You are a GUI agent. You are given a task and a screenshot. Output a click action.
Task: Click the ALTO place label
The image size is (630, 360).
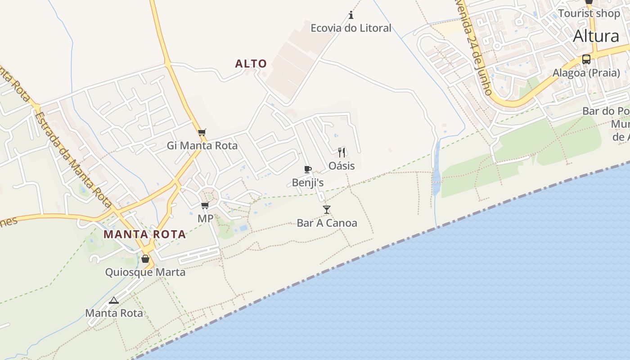click(251, 64)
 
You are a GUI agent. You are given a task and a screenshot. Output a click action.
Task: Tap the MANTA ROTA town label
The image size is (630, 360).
click(144, 234)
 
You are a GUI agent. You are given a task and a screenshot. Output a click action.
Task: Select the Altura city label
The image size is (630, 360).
click(596, 36)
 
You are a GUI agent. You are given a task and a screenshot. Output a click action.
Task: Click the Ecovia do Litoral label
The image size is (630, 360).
click(351, 28)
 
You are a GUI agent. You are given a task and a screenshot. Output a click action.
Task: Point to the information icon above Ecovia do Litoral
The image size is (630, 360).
click(351, 15)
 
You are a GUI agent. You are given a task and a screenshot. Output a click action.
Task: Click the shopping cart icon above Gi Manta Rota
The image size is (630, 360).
click(202, 132)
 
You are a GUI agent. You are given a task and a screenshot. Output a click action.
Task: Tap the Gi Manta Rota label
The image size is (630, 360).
click(202, 145)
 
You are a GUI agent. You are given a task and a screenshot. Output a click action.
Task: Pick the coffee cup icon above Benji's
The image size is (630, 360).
click(308, 169)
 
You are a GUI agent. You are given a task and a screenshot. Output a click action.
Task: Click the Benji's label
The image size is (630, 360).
click(308, 182)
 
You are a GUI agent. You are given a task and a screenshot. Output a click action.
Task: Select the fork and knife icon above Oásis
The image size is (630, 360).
click(342, 152)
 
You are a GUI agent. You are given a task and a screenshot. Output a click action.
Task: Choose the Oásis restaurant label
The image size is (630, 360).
click(342, 166)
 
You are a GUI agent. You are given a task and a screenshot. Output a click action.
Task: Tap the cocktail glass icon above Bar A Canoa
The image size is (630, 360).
click(327, 209)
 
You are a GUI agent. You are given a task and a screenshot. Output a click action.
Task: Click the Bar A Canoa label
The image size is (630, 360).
click(327, 223)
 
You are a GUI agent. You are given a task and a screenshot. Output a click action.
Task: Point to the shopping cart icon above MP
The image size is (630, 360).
click(205, 206)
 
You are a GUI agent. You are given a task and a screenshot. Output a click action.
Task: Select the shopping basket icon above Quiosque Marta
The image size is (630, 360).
click(145, 259)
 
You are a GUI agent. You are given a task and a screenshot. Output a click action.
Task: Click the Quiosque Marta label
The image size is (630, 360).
click(145, 272)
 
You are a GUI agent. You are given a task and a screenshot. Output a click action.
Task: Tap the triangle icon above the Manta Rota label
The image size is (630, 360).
click(114, 300)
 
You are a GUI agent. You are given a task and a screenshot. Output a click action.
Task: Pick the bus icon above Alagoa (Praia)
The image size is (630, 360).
click(586, 59)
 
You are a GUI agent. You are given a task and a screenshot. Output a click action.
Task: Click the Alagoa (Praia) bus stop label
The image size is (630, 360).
click(586, 73)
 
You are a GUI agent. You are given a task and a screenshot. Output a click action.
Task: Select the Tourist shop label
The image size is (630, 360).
click(589, 13)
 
